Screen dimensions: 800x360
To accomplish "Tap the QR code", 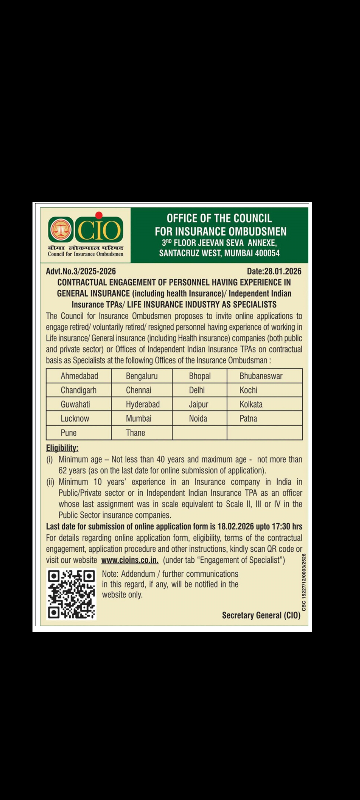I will click(71, 594).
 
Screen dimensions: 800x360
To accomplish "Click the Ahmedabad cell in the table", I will click(79, 376).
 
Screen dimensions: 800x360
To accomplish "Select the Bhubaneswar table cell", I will click(261, 376).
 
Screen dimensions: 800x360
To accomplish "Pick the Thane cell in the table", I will click(135, 433).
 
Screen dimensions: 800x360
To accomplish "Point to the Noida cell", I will click(198, 418).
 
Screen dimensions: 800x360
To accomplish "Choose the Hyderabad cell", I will click(142, 404).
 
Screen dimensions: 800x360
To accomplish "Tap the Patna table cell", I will click(248, 418).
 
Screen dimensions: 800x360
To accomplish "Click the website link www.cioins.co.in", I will click(130, 560).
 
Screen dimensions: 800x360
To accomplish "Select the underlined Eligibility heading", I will click(62, 448).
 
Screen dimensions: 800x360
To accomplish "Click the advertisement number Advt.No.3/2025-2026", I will click(81, 271).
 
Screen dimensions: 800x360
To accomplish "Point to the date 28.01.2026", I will click(283, 271).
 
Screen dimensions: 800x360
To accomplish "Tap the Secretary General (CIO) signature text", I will click(261, 615).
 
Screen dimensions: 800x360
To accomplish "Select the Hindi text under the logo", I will click(85, 248).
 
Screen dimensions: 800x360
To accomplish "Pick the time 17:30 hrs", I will click(285, 526).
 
